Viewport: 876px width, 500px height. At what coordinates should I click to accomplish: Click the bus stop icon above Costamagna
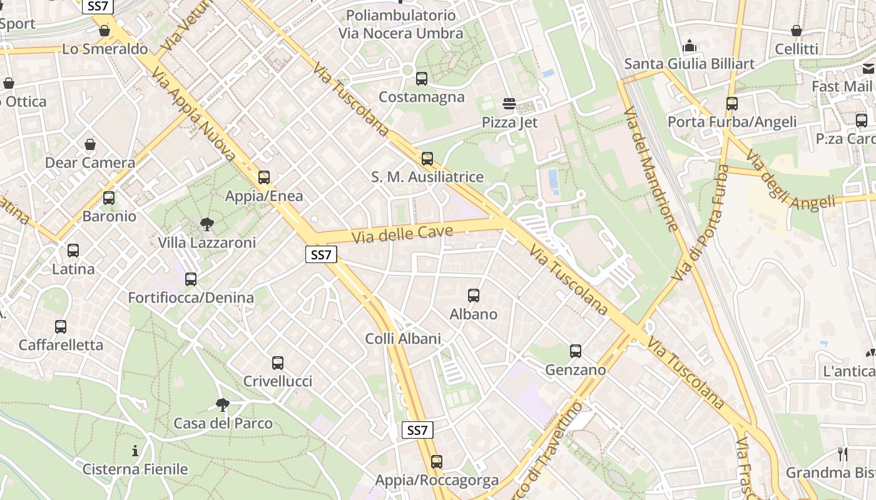422,79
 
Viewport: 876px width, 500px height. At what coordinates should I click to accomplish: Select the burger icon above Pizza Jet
509,104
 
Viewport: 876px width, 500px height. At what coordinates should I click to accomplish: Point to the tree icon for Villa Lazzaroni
206,224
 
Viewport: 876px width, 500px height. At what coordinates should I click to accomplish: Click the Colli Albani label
403,339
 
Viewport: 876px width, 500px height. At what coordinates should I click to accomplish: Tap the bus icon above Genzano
576,351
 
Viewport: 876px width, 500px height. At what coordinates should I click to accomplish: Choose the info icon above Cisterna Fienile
135,451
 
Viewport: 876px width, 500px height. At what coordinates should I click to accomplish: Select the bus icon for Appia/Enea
264,177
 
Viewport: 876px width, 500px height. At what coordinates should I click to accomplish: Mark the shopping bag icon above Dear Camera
90,144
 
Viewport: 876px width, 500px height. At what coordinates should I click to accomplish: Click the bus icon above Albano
474,296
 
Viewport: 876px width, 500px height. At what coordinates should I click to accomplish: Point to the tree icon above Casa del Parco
222,405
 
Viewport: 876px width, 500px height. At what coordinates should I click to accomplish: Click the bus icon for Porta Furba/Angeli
732,104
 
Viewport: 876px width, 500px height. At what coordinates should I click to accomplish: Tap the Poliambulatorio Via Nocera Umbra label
401,24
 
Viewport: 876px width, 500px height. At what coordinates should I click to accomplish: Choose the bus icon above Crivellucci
278,363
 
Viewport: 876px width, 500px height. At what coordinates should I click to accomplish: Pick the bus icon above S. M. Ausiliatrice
427,159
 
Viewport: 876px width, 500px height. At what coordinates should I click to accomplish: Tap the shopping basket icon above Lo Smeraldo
104,30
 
